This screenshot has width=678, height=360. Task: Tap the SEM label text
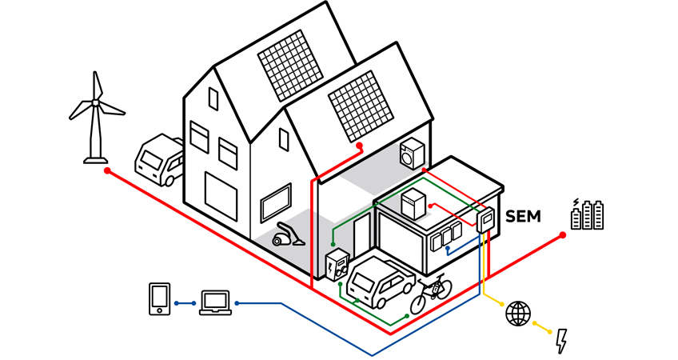coord(524,216)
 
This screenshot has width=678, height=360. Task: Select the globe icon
coord(517,313)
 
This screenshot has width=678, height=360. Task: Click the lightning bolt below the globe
coord(561,341)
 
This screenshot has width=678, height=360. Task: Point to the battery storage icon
coord(587,214)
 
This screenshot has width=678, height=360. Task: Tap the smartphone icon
coord(160,298)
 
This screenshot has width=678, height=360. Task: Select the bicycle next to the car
coord(431,294)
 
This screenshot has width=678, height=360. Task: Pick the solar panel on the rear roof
coord(286,66)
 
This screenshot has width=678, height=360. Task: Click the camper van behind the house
coord(159,160)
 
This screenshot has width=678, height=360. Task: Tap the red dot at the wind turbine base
coord(106,171)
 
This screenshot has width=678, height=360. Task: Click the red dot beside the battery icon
coord(563,234)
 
